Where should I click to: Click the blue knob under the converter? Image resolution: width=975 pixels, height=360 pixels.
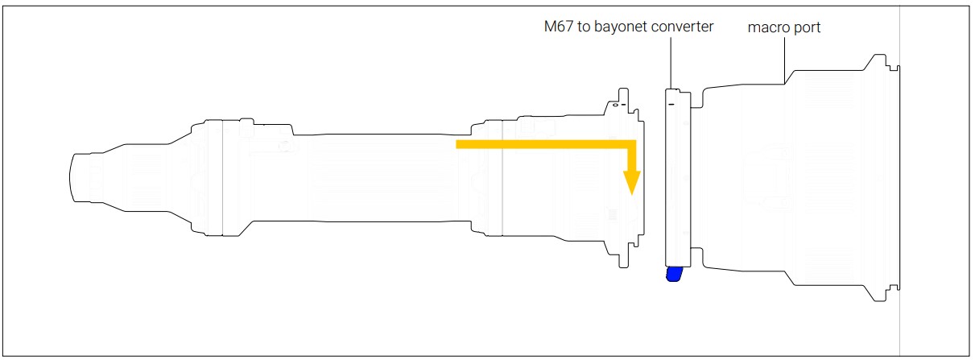point(674,275)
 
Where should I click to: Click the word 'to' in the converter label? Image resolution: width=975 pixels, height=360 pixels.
point(586,27)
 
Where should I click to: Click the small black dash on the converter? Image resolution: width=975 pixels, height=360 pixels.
point(671,103)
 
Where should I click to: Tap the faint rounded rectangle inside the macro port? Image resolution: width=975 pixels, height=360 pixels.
point(769,177)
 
